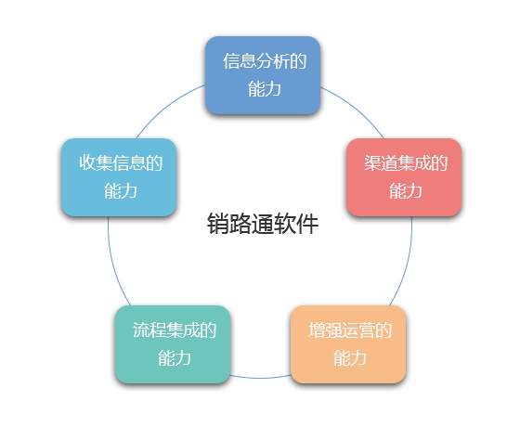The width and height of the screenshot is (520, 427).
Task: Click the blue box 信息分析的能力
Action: pyautogui.click(x=263, y=75)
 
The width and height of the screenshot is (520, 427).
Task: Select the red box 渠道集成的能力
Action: pyautogui.click(x=404, y=177)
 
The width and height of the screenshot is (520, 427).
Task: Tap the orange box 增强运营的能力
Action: pyautogui.click(x=348, y=344)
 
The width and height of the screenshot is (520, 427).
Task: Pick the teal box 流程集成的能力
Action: pyautogui.click(x=173, y=344)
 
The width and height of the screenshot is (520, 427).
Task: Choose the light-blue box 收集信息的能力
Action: pyautogui.click(x=119, y=177)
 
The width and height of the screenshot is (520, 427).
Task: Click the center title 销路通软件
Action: pyautogui.click(x=263, y=224)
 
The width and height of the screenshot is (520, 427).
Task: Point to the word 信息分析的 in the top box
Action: pyautogui.click(x=265, y=61)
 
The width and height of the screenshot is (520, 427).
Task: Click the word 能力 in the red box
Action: pyautogui.click(x=406, y=191)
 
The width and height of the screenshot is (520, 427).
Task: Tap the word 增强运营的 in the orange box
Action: pyautogui.click(x=350, y=330)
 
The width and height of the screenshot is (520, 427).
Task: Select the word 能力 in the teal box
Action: pyautogui.click(x=175, y=358)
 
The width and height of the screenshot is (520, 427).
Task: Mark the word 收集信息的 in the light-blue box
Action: pyautogui.click(x=121, y=163)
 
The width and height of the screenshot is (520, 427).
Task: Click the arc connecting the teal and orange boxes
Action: pyautogui.click(x=260, y=378)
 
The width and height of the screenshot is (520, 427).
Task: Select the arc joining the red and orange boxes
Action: pyautogui.click(x=406, y=263)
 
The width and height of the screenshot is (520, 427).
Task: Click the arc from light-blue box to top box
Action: pyautogui.click(x=167, y=107)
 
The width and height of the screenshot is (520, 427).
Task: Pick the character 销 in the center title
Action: pyautogui.click(x=218, y=224)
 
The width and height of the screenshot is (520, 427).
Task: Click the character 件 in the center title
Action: pyautogui.click(x=307, y=224)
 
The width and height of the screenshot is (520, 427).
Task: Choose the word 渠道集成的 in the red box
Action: pyautogui.click(x=406, y=163)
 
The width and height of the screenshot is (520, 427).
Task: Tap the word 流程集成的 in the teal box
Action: pyautogui.click(x=175, y=330)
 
